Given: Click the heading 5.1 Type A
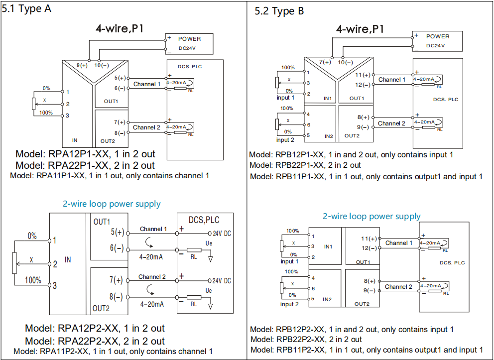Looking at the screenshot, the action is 26,9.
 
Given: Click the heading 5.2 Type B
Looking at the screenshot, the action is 279,11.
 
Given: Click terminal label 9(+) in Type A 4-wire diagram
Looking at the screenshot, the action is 82,66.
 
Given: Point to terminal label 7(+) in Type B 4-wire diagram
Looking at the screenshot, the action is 325,62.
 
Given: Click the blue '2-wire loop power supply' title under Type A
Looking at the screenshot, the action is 112,204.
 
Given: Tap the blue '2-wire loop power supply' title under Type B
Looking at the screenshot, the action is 371,217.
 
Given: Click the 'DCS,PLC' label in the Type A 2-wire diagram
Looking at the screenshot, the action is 204,220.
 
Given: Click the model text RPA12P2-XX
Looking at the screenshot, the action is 89,328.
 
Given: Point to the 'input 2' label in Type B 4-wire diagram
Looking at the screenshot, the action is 285,140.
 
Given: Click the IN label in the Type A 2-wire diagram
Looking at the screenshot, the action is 68,259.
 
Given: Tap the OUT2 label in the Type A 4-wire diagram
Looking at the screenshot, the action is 108,141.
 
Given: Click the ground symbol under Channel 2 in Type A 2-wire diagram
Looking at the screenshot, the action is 210,306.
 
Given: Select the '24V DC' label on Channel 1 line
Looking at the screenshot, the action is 222,234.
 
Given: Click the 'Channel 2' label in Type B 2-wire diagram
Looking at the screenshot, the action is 398,287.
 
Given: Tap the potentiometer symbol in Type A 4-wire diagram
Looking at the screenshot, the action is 34,104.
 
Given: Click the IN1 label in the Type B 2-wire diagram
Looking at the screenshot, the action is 328,246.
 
